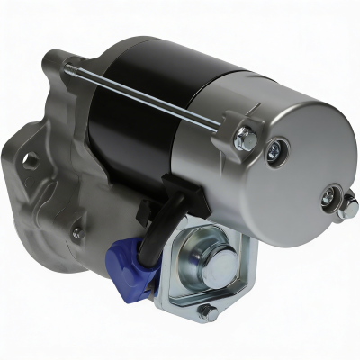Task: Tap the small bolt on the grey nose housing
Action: [76, 233]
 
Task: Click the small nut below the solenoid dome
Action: [206, 310]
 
